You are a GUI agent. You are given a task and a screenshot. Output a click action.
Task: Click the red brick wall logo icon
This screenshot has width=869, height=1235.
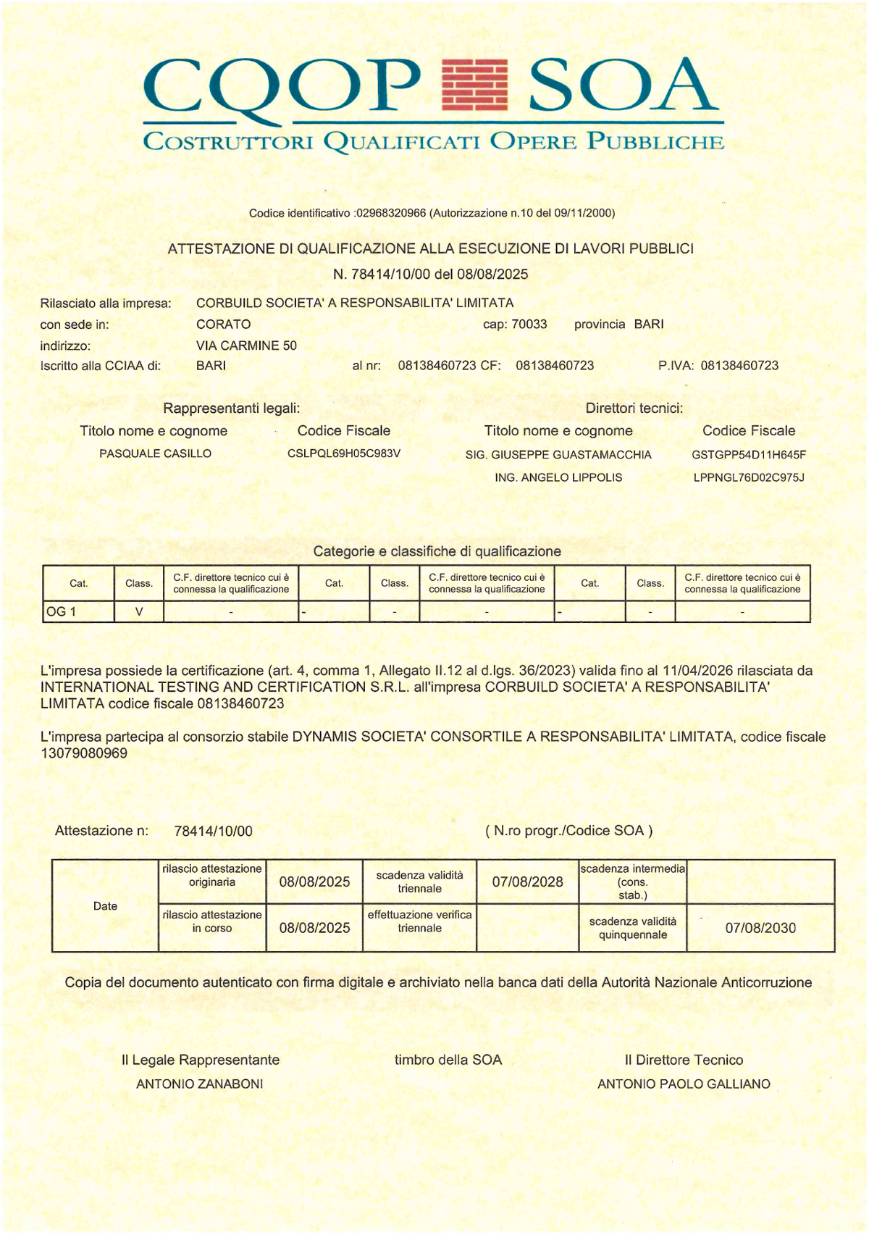tap(474, 85)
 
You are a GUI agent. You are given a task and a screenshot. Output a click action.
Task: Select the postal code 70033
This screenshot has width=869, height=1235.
tap(529, 324)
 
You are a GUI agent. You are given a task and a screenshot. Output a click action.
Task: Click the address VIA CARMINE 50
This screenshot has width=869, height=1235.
tap(246, 346)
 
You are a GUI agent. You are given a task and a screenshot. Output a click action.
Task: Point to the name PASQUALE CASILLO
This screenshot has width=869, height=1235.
tap(155, 453)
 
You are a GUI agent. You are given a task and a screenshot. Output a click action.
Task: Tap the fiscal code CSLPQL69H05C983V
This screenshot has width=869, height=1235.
tap(344, 453)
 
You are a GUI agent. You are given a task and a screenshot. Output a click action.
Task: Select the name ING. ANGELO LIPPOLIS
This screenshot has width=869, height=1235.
tap(558, 477)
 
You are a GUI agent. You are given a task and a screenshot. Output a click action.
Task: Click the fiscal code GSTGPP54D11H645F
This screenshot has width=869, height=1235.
tap(749, 455)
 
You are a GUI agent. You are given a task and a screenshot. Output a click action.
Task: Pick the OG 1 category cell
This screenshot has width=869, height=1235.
tap(78, 611)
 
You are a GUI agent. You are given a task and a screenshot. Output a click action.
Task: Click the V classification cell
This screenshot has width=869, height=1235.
tap(139, 611)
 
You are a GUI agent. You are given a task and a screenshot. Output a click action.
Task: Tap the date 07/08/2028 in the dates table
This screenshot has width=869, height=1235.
tap(527, 882)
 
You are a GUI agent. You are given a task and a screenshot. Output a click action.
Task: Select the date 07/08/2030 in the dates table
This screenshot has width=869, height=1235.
tap(760, 928)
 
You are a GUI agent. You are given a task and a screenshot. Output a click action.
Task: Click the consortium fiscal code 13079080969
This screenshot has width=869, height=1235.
tap(84, 753)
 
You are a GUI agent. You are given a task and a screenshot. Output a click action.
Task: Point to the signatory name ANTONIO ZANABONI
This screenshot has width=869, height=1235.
tap(200, 1084)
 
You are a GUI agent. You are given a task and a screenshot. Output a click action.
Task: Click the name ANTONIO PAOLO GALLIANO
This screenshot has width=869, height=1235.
tap(684, 1084)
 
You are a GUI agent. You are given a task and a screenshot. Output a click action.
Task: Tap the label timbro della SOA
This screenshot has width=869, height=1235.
tap(448, 1060)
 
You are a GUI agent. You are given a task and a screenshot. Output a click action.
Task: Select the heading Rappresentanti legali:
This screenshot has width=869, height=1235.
tap(231, 409)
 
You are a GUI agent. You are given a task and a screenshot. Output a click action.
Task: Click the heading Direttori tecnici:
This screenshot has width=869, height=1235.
tap(634, 409)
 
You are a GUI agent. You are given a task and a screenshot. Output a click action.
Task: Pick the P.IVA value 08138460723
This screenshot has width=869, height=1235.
tap(739, 366)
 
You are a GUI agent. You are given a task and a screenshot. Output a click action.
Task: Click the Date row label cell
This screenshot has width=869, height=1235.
tap(105, 905)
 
